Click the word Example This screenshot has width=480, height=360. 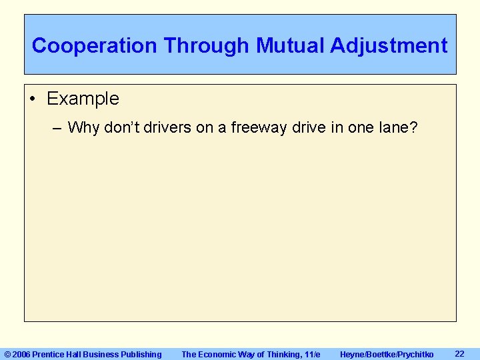pyautogui.click(x=83, y=99)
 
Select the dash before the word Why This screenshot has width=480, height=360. pyautogui.click(x=58, y=127)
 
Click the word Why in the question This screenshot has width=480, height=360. pyautogui.click(x=83, y=127)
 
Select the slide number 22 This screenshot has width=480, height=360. pyautogui.click(x=459, y=353)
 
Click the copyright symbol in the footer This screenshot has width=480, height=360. pyautogui.click(x=8, y=355)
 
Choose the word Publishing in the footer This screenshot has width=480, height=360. pyautogui.click(x=141, y=355)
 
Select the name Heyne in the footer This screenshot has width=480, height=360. pyautogui.click(x=353, y=355)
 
